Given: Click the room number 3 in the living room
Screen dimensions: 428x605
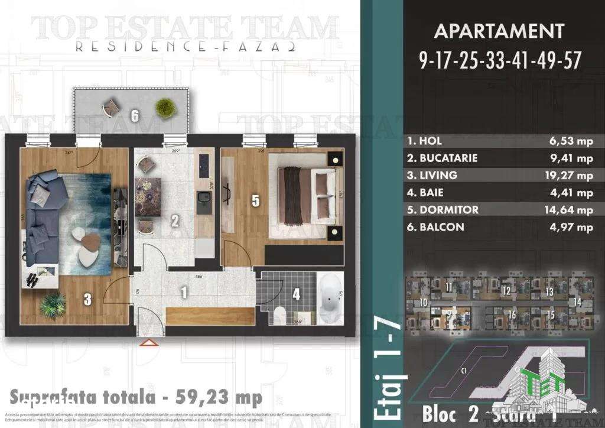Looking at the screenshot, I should [x=87, y=300].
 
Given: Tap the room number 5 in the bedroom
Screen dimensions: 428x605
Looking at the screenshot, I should [x=255, y=201].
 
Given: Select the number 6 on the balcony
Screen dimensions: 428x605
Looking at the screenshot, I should [x=135, y=116].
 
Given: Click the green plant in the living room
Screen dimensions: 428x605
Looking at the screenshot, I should [x=53, y=304].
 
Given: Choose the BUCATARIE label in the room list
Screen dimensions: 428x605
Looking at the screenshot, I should [x=442, y=158].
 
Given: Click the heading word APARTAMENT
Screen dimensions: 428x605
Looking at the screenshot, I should [x=499, y=31].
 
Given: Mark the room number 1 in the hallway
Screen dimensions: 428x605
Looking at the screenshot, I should [x=184, y=291].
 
